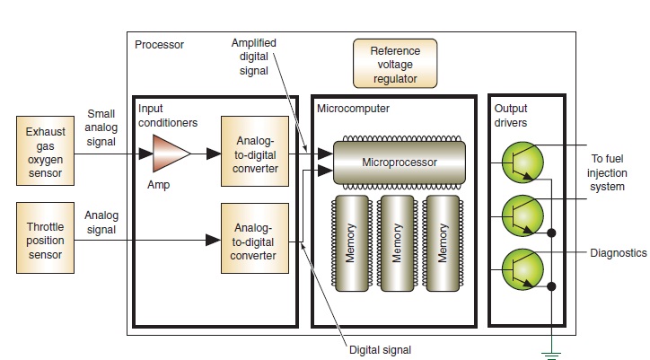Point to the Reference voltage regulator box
(x=394, y=63)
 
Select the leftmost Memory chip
(x=351, y=242)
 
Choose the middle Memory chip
(x=397, y=242)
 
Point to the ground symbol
(x=552, y=353)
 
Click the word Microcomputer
(x=353, y=109)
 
